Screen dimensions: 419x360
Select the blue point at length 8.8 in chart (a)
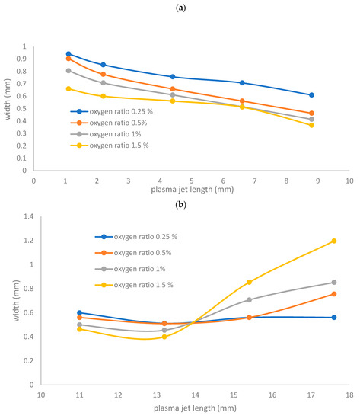(x=311, y=95)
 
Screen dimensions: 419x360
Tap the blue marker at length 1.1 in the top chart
(x=68, y=54)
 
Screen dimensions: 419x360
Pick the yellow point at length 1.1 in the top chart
(x=68, y=88)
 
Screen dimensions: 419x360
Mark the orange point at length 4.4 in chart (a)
(x=173, y=89)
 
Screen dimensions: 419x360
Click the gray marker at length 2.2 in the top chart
(x=103, y=83)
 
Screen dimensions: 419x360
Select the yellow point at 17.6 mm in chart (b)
(x=334, y=241)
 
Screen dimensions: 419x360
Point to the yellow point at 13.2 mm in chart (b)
(x=164, y=337)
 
